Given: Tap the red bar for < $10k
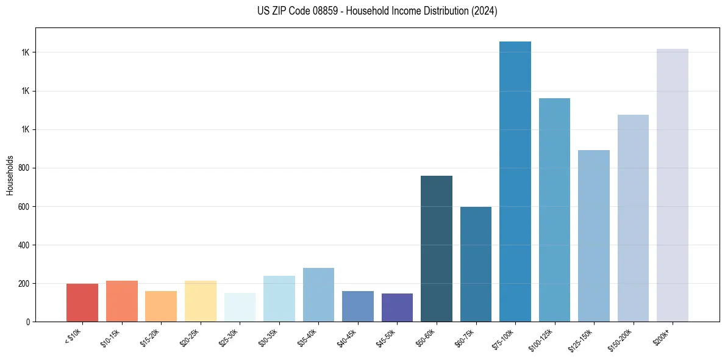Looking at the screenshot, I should [x=82, y=303].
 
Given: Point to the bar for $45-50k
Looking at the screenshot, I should [x=397, y=308].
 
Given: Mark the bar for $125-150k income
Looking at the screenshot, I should [x=594, y=236].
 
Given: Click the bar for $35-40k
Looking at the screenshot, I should [x=318, y=295].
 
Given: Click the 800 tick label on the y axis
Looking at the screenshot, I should [x=24, y=168].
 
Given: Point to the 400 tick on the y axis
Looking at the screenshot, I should [x=24, y=245].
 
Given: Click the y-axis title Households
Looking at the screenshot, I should [x=10, y=175].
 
